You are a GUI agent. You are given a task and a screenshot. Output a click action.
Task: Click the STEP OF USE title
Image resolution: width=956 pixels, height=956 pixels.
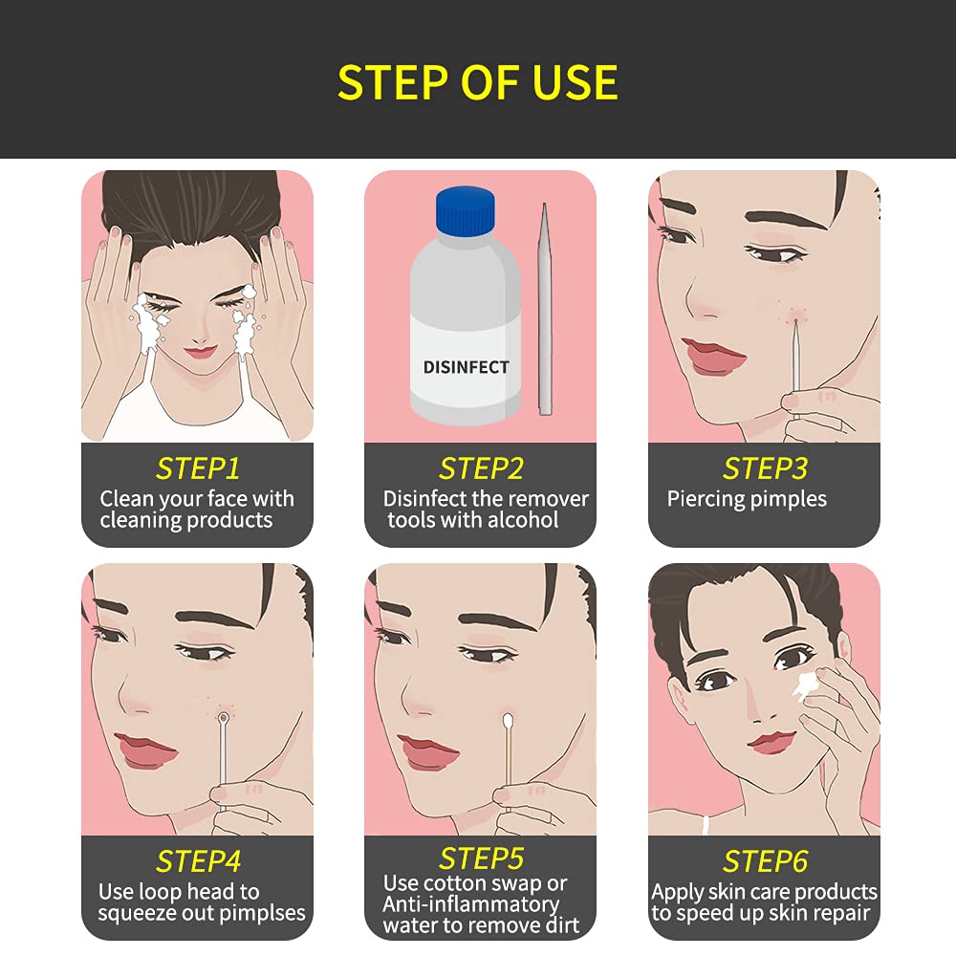tap(477, 82)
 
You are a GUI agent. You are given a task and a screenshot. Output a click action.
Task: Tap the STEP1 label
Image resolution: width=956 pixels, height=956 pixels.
tap(197, 468)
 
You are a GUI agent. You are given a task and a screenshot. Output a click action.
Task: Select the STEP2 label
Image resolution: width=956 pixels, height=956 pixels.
tap(481, 468)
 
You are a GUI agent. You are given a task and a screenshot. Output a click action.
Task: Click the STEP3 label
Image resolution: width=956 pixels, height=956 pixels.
tap(765, 468)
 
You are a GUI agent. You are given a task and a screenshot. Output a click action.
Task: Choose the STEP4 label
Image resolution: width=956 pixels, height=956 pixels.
tap(197, 860)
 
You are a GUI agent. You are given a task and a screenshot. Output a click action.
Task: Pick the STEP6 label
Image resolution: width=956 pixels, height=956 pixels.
tap(765, 860)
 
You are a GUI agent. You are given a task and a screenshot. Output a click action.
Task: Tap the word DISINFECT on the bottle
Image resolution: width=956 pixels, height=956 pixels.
tap(466, 367)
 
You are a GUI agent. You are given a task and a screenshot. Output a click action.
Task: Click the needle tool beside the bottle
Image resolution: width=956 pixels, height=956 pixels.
tap(545, 306)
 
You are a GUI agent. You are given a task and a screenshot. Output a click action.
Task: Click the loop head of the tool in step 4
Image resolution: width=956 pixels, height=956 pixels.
tap(224, 717)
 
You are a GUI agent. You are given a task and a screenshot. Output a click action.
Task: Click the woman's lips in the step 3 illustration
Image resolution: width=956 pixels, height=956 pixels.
tap(712, 355)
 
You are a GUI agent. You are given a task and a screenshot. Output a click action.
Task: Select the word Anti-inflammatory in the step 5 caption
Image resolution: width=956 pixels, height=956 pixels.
tap(470, 903)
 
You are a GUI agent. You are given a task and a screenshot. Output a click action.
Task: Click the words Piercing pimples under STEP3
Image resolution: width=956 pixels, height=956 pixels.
tap(747, 499)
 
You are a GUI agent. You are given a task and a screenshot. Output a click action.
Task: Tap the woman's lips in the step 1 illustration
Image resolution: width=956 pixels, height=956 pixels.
tap(201, 352)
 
